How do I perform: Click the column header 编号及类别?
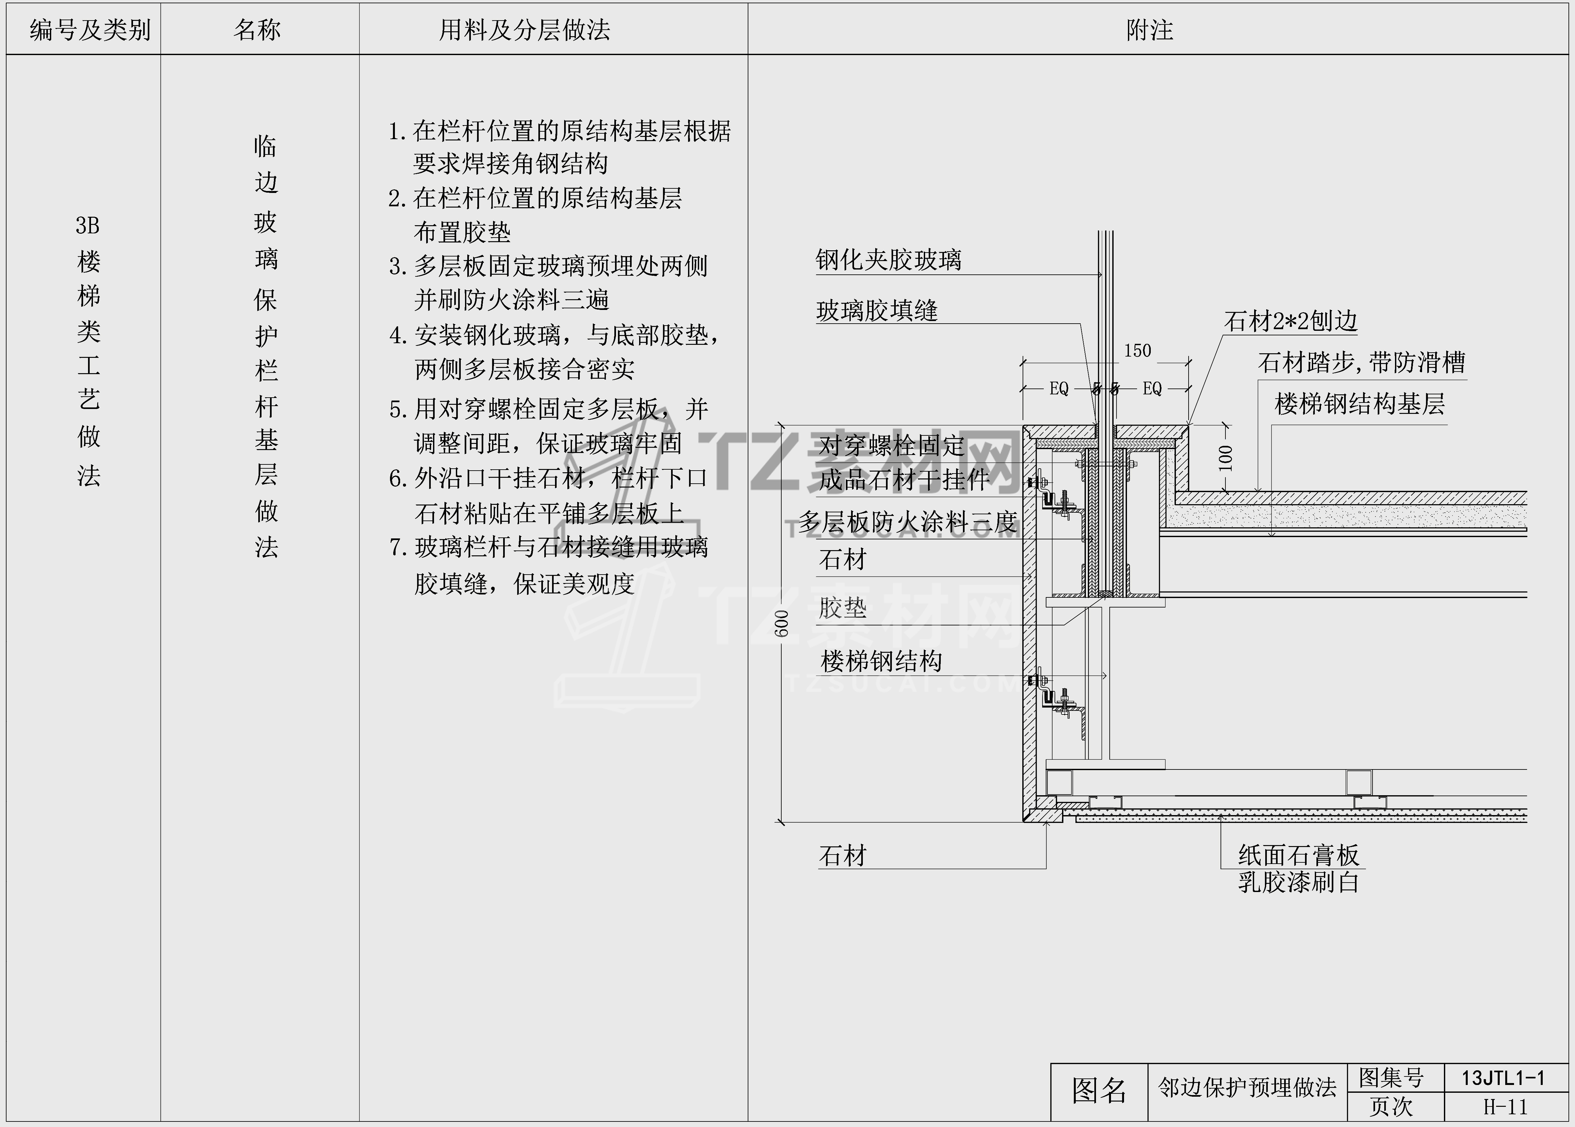point(90,30)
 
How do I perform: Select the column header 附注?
point(1149,30)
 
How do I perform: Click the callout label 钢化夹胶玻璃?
point(889,260)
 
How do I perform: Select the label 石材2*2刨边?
point(1290,321)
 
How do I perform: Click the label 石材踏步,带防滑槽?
point(1361,362)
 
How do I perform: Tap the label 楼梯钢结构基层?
point(1359,404)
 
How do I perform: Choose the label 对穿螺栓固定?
point(891,446)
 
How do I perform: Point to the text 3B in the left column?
point(87,226)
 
